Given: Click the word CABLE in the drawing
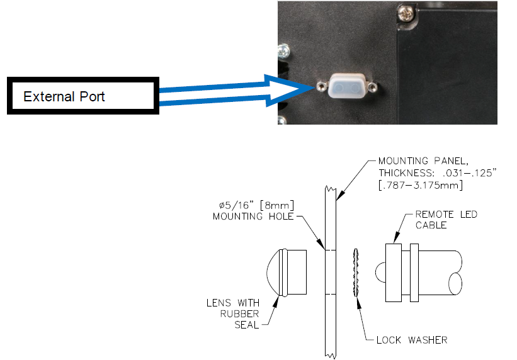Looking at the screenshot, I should click(432, 226).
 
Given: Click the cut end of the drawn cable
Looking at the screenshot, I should click(458, 273).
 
